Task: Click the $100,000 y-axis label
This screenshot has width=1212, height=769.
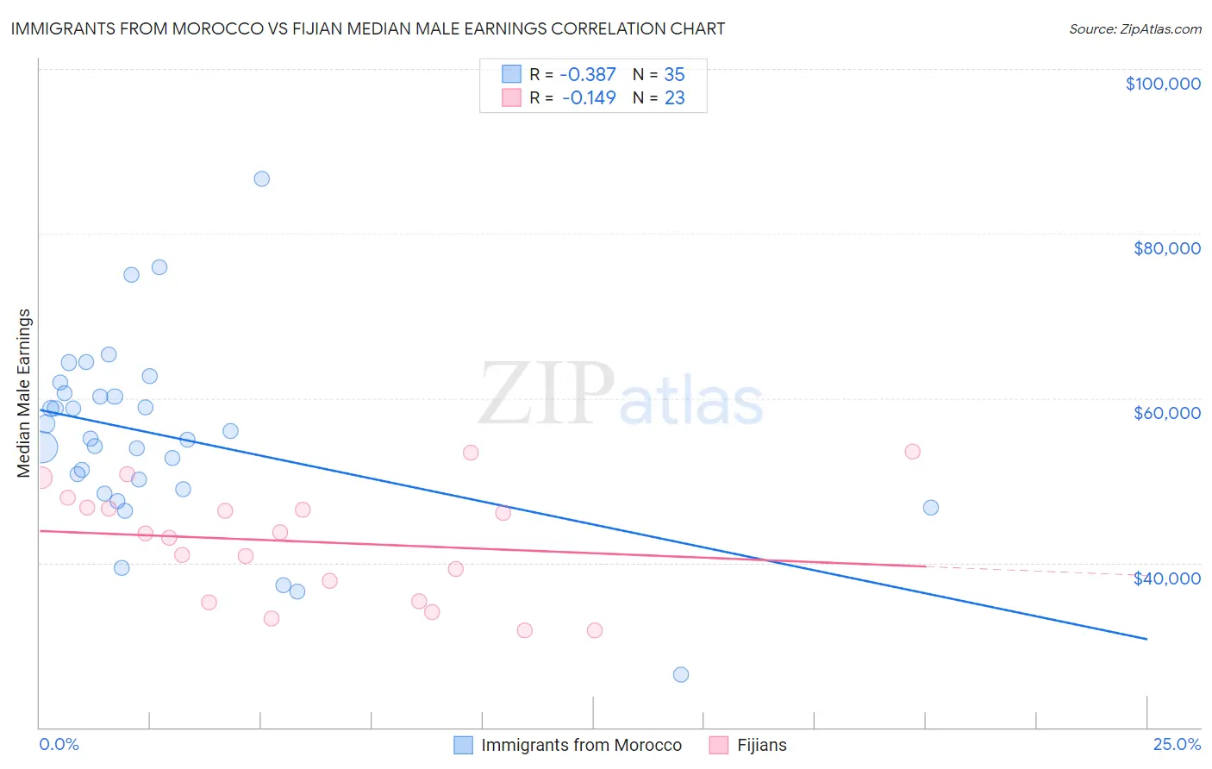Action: coord(1162,84)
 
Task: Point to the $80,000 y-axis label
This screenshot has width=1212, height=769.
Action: coord(1166,248)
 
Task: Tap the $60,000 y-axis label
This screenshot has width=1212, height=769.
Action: coord(1166,413)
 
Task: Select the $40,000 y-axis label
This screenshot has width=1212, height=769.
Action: coord(1166,578)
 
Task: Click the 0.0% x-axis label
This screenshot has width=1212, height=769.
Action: coord(59,745)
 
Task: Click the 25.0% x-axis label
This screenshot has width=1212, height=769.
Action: coord(1177,745)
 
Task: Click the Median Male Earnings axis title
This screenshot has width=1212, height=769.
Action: coord(24,392)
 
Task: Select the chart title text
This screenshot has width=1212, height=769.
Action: coord(368,28)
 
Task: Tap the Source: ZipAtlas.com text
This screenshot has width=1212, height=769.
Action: coord(1134,29)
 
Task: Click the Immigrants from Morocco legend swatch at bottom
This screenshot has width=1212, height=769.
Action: coord(464,746)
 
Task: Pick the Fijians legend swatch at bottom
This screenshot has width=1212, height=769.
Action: coord(719,746)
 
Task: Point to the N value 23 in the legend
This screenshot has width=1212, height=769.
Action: coord(674,98)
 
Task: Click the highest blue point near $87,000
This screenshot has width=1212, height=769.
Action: coord(261,179)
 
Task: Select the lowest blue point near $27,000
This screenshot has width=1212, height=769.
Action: coord(681,675)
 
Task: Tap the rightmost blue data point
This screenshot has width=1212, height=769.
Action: coord(931,508)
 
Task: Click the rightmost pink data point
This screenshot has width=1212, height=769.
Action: coord(913,452)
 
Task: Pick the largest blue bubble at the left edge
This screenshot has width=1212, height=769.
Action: coord(41,447)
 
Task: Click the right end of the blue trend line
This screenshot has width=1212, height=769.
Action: coord(1146,639)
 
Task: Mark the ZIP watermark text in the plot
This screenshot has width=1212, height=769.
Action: coord(546,396)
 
